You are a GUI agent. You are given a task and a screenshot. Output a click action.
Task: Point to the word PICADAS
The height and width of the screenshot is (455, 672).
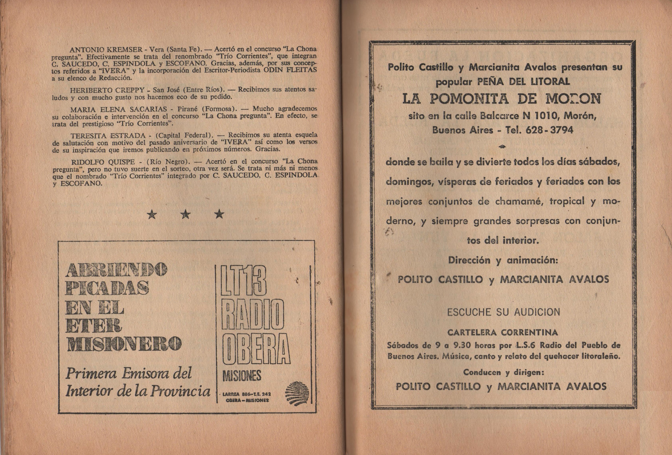click(107, 288)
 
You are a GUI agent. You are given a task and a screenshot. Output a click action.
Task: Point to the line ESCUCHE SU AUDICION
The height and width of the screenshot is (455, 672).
click(503, 312)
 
